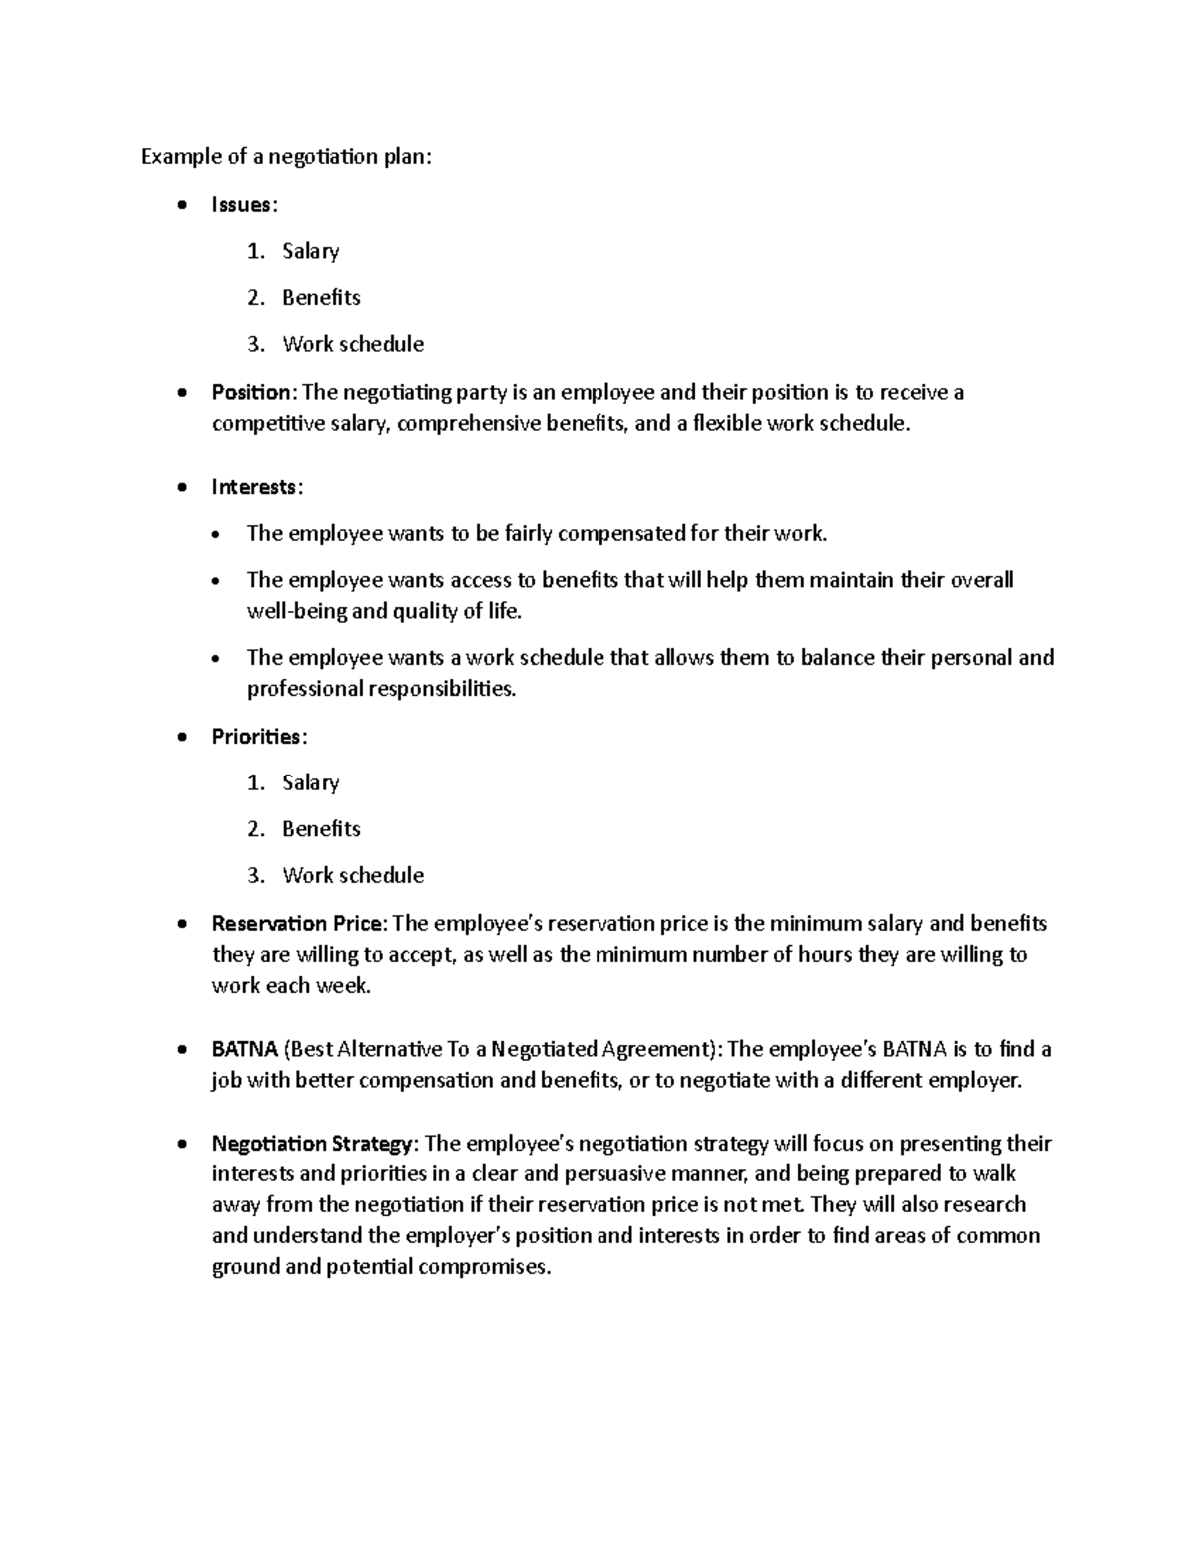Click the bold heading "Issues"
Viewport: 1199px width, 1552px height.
241,205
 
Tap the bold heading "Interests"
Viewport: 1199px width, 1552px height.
254,487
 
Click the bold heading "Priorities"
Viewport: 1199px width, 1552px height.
256,737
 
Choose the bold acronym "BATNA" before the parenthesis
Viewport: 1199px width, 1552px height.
244,1049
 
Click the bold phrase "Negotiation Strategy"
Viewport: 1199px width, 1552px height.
311,1143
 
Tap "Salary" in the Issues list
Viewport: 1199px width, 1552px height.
310,251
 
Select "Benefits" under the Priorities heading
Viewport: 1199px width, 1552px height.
321,829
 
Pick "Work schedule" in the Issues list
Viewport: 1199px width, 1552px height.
353,344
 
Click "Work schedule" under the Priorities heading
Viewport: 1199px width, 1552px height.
353,875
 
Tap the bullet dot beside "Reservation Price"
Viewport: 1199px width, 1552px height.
180,924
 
